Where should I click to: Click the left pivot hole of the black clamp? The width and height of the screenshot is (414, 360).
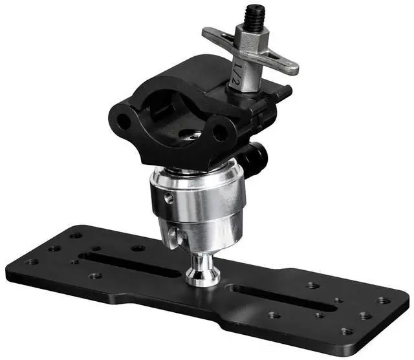click(x=124, y=122)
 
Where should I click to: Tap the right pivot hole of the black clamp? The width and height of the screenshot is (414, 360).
click(x=220, y=132)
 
